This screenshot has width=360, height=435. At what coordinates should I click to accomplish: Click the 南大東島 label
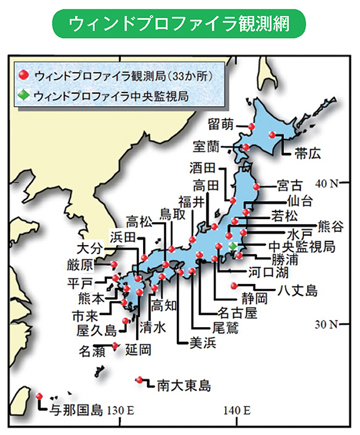point(185,384)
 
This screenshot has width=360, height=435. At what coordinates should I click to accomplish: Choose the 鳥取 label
point(173,214)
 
